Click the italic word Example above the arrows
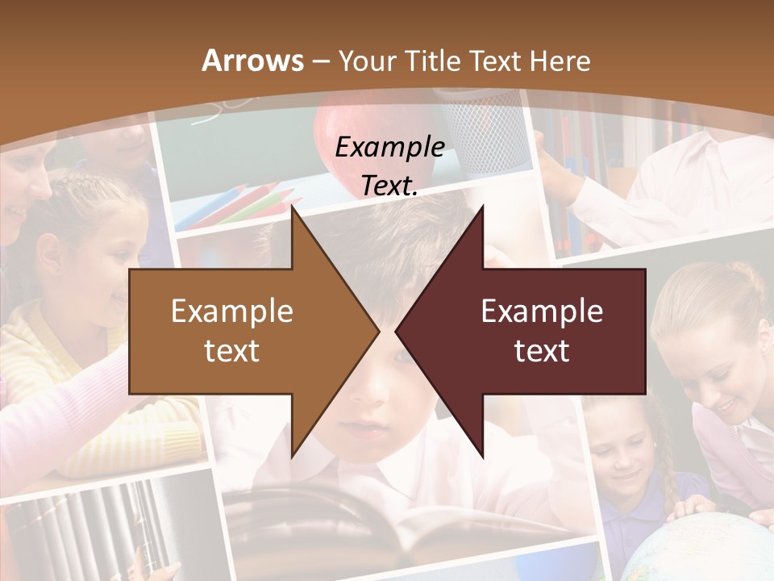click(x=390, y=147)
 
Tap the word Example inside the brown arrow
click(x=232, y=311)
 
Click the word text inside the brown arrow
click(x=232, y=350)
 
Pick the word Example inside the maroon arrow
click(x=542, y=311)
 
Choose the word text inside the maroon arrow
click(x=542, y=350)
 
